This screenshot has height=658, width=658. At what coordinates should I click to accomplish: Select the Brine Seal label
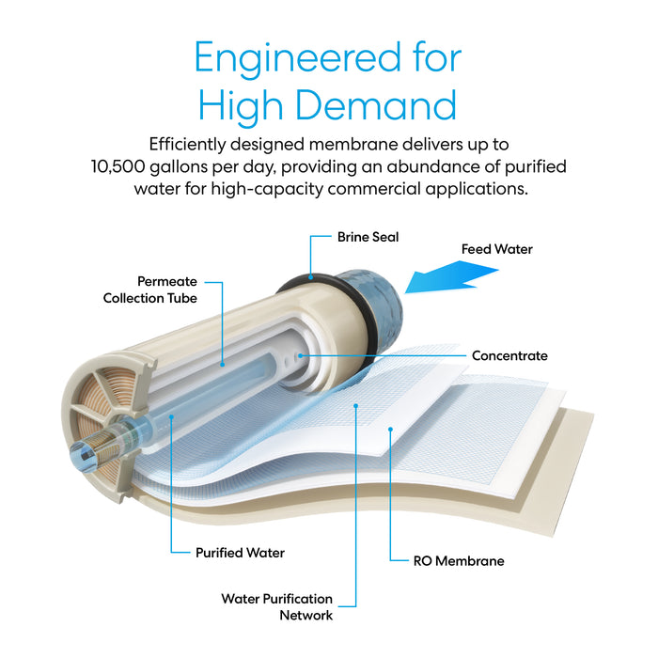click(x=368, y=237)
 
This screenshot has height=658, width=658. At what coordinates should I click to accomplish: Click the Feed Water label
click(x=496, y=249)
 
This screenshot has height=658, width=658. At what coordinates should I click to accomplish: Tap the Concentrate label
click(x=509, y=356)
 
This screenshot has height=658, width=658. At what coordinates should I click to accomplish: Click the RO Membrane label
click(x=459, y=560)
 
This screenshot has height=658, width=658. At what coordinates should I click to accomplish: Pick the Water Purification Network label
click(x=276, y=606)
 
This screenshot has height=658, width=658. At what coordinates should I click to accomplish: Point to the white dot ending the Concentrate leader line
click(x=299, y=356)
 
